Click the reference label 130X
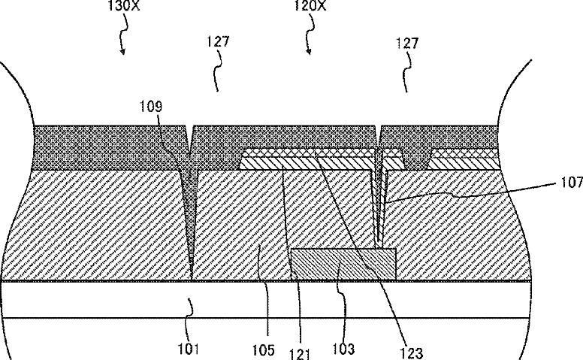coord(124,5)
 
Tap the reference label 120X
coord(310,5)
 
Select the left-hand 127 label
coord(219,41)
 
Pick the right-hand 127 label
coord(407,43)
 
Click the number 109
coord(151,107)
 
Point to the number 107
coord(572,182)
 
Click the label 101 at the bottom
coord(188,349)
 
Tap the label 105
coord(263,350)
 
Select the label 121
coord(300,354)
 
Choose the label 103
coord(343,349)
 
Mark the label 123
coord(411,352)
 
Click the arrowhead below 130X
coord(122,51)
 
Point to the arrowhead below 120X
coord(308,51)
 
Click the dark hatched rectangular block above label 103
coord(343,264)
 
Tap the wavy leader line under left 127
coord(219,71)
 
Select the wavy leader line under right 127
coord(407,72)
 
